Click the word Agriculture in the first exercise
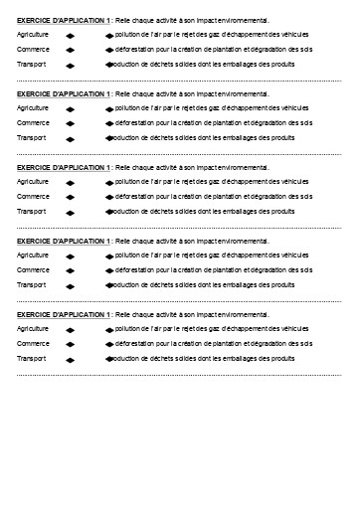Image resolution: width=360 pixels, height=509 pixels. point(33,35)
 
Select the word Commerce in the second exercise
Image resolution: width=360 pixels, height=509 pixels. point(32,123)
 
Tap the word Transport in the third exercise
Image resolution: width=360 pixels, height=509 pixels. point(32,212)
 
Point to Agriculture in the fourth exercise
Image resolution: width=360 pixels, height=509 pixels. point(33,255)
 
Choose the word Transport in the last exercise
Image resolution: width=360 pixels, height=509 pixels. point(32,359)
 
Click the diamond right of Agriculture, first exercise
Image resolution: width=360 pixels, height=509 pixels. point(71,36)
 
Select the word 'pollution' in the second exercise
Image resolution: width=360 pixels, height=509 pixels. point(129,108)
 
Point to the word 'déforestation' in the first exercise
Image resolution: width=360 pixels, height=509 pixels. point(135,50)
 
